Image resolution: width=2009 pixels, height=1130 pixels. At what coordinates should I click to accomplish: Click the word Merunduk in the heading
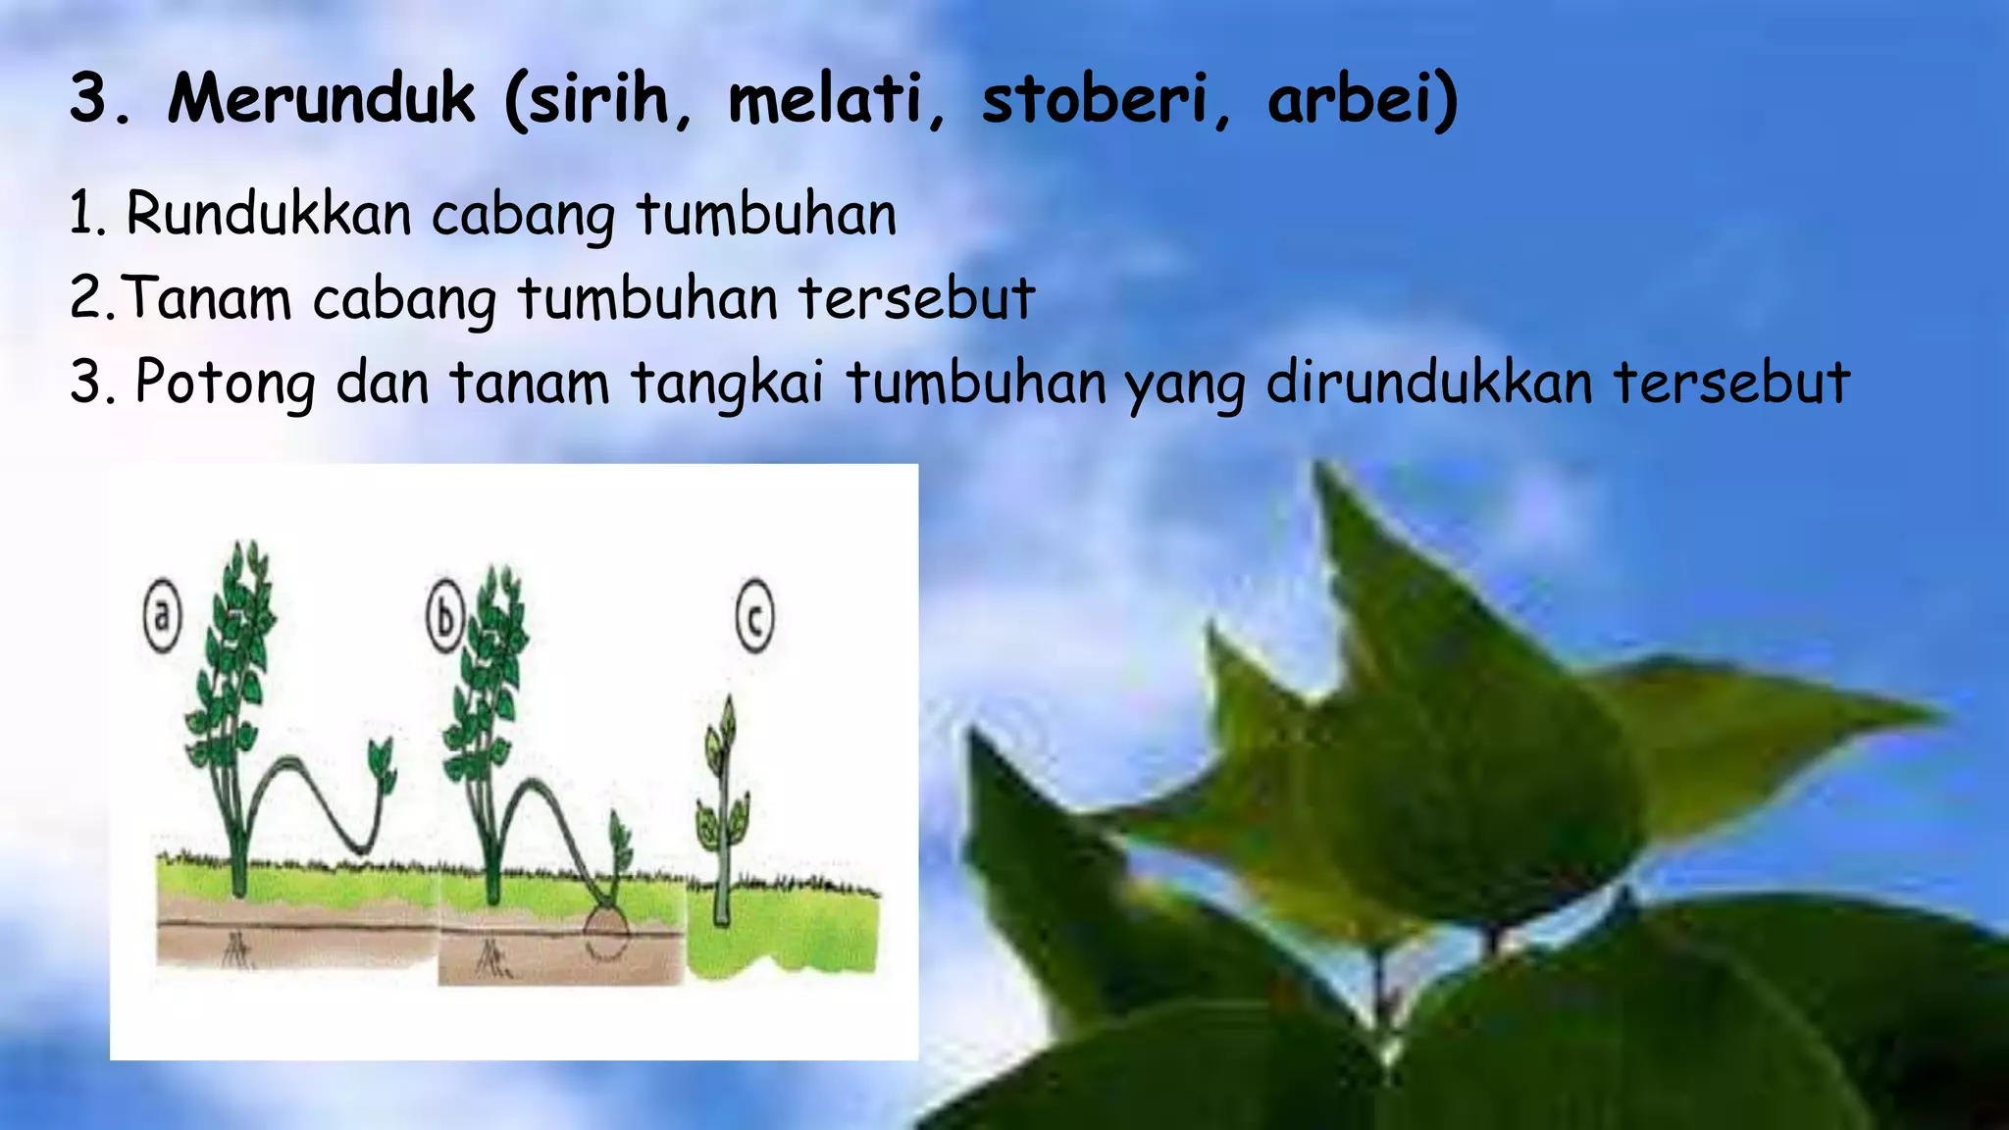321,99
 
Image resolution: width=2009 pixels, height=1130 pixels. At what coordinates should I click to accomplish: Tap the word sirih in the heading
600,99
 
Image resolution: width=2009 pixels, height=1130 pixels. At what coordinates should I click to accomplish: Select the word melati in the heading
836,99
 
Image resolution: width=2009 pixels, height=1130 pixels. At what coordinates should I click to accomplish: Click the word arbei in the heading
1354,99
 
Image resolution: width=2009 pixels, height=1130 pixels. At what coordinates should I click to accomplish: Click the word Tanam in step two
208,298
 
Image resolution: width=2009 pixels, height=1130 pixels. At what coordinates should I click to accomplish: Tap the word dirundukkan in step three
1429,383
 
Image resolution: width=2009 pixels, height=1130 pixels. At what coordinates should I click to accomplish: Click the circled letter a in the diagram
163,617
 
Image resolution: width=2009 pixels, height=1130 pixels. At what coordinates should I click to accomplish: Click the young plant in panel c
724,804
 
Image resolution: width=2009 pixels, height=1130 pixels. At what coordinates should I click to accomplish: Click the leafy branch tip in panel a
381,765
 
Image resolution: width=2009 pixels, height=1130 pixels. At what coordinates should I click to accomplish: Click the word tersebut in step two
916,298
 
